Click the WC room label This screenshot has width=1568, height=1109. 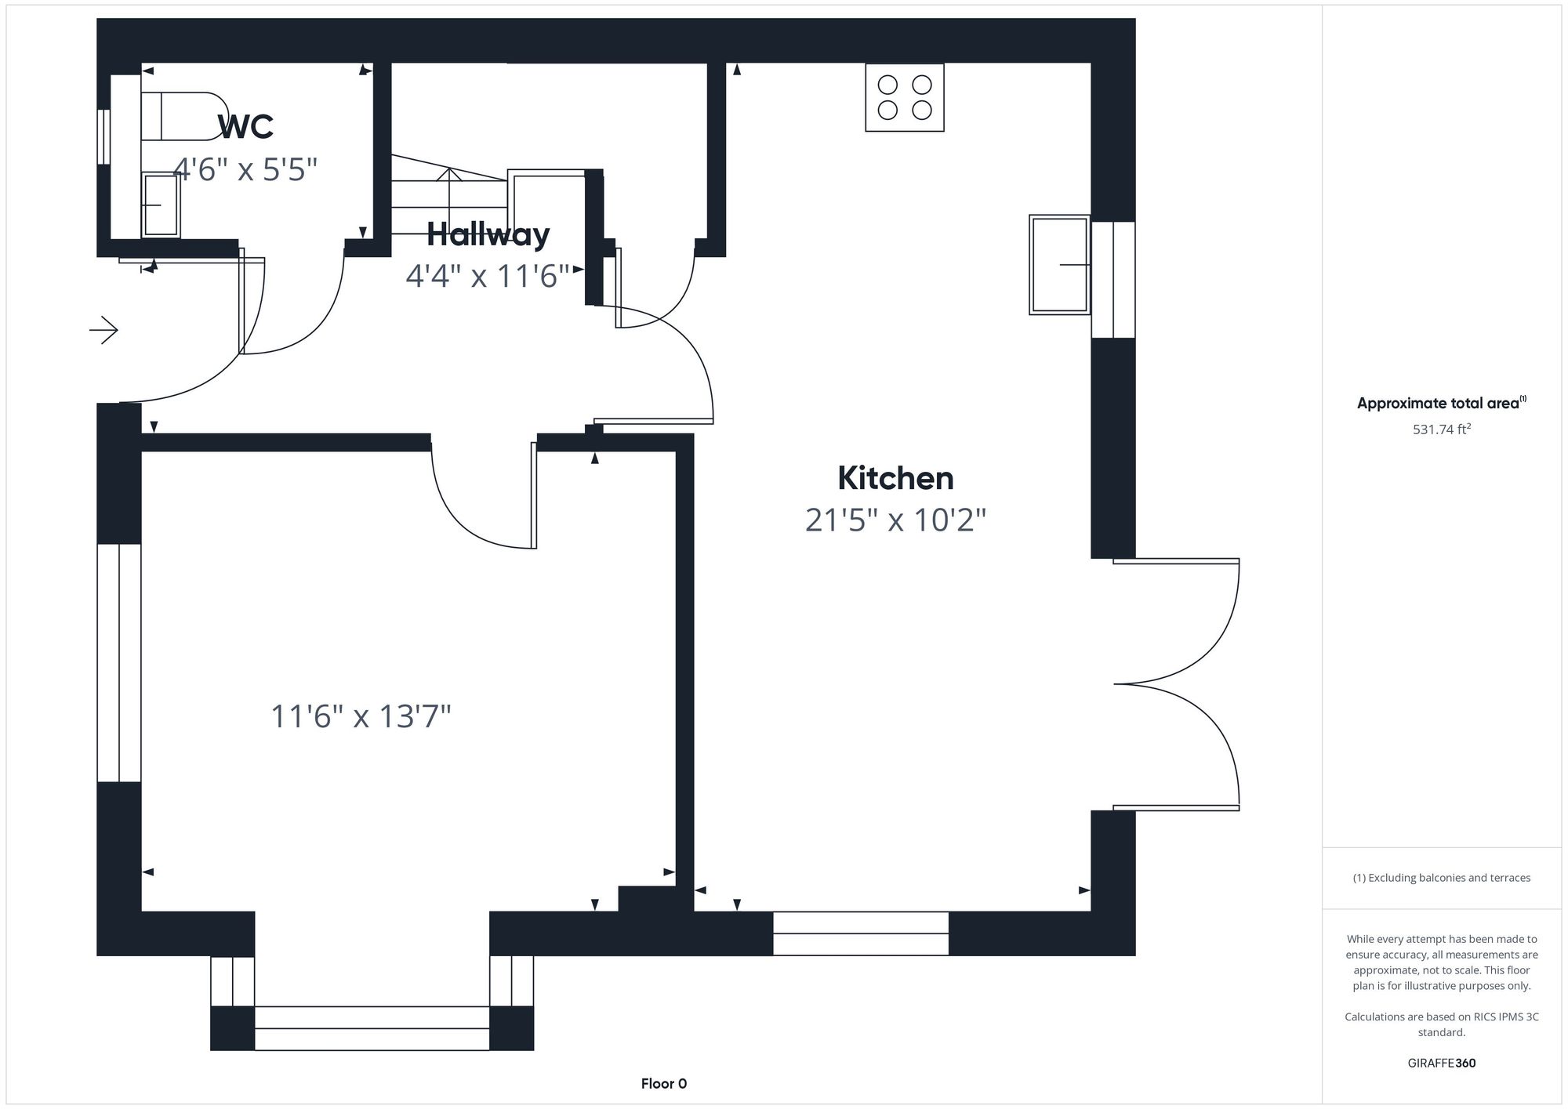point(245,127)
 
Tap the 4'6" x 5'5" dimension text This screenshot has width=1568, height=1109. point(245,169)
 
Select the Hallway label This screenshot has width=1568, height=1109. point(488,234)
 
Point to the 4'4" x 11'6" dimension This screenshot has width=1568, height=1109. point(487,276)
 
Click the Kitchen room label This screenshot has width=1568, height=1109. point(895,478)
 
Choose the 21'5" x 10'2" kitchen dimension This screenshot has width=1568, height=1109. point(895,520)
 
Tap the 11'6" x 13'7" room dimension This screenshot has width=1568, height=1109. point(361,716)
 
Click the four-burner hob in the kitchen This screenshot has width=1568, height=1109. point(904,97)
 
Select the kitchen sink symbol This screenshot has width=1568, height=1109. point(1059,265)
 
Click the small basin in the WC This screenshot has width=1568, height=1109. point(161,205)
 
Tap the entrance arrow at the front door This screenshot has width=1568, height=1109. point(103,330)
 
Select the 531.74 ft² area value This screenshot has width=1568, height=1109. point(1441,429)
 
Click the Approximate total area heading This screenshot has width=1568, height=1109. point(1441,403)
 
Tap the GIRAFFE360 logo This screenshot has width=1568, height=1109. point(1441,1063)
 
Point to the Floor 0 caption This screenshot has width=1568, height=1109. point(663,1084)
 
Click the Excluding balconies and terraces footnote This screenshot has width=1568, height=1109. point(1441,878)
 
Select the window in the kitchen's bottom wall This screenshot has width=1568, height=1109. point(860,933)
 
